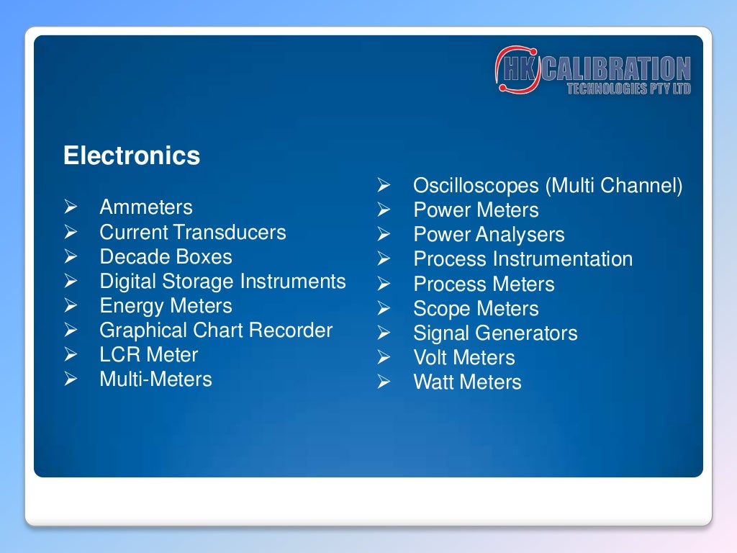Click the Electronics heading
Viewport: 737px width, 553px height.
pyautogui.click(x=132, y=156)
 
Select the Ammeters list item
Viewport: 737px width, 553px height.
pyautogui.click(x=146, y=207)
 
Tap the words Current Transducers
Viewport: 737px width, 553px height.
pyautogui.click(x=193, y=233)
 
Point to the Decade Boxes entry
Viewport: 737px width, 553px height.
pyautogui.click(x=166, y=257)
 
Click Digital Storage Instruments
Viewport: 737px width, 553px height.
pyautogui.click(x=222, y=282)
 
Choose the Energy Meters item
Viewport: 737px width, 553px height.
pyautogui.click(x=166, y=306)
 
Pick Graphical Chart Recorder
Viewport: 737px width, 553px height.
pyautogui.click(x=216, y=331)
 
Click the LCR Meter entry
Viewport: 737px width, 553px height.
pyautogui.click(x=148, y=355)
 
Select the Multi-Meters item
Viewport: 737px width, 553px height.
pyautogui.click(x=155, y=379)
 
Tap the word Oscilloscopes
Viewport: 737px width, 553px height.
pyautogui.click(x=476, y=186)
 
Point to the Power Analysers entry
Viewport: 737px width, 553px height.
pyautogui.click(x=489, y=235)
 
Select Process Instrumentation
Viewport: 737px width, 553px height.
pyautogui.click(x=523, y=259)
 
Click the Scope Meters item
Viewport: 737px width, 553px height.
pyautogui.click(x=476, y=309)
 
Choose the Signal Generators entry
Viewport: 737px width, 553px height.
pyautogui.click(x=495, y=333)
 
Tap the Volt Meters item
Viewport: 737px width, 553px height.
pyautogui.click(x=464, y=358)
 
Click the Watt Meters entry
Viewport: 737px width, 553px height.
pyautogui.click(x=467, y=382)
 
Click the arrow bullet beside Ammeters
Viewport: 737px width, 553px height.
pyautogui.click(x=70, y=208)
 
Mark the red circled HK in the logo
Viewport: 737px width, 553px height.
pyautogui.click(x=516, y=70)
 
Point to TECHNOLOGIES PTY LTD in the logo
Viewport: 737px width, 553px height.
pyautogui.click(x=628, y=89)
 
